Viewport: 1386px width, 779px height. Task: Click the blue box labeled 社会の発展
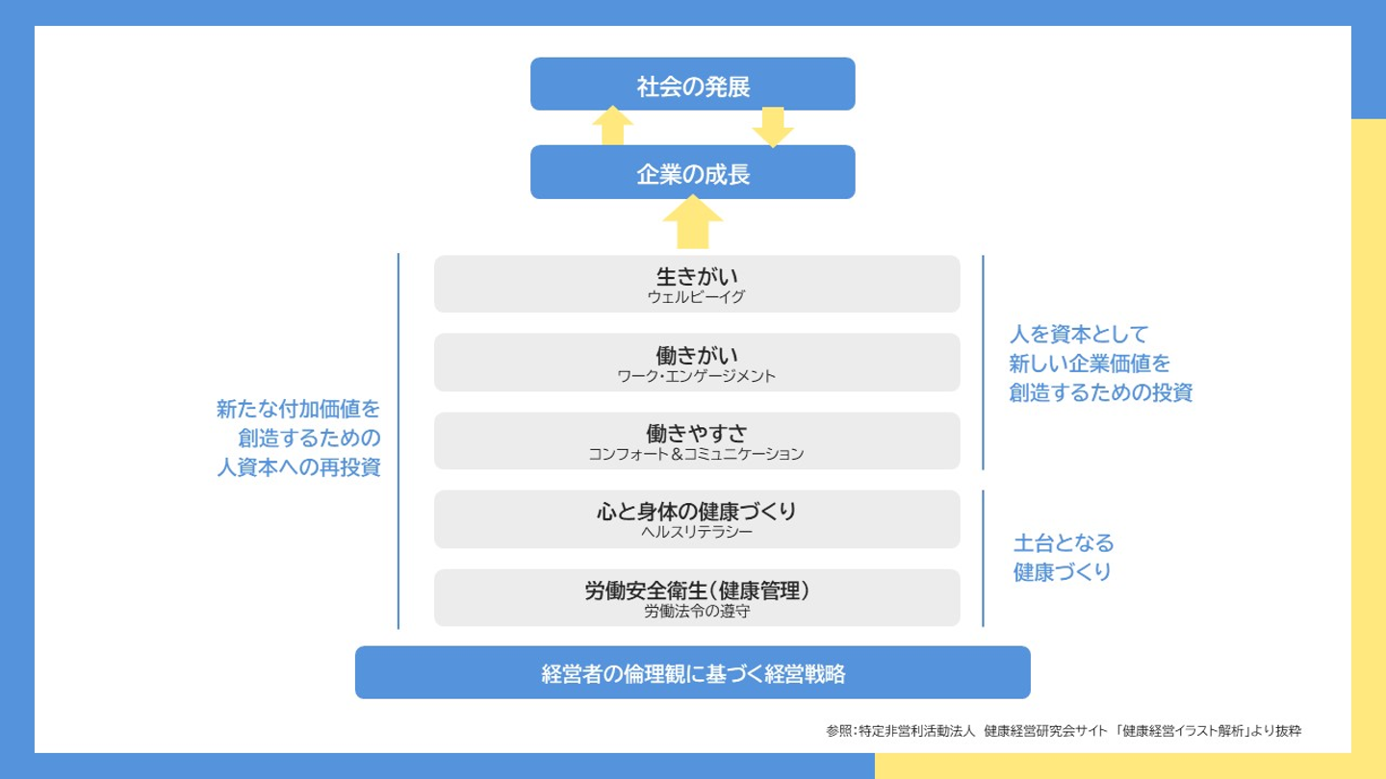[x=693, y=85]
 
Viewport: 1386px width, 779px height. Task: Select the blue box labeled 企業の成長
[x=693, y=172]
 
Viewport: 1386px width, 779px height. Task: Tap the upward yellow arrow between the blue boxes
[x=612, y=126]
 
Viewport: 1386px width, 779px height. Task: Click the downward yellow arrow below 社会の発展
[x=772, y=127]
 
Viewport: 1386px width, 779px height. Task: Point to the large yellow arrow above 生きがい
[x=693, y=222]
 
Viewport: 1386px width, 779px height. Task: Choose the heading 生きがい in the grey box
[x=697, y=277]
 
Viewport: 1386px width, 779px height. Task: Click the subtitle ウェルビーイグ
[x=696, y=297]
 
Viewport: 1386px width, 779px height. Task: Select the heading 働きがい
[x=697, y=356]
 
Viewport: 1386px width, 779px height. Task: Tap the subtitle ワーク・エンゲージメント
[x=696, y=376]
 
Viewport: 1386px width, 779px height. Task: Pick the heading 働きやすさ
[x=697, y=435]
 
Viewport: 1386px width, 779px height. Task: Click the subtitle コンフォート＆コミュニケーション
[x=696, y=454]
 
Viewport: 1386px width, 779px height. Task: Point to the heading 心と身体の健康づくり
[x=697, y=512]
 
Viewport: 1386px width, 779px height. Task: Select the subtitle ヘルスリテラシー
[x=696, y=532]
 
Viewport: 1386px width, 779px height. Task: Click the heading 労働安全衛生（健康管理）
[x=697, y=591]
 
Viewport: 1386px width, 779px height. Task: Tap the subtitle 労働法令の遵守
[x=696, y=611]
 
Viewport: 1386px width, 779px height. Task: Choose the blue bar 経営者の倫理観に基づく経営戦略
[x=693, y=673]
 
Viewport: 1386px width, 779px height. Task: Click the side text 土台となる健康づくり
[x=1063, y=558]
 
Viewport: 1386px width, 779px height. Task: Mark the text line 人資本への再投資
[x=298, y=468]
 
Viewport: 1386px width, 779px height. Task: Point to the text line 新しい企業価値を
[x=1090, y=364]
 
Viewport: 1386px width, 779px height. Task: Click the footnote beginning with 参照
[x=1063, y=731]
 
